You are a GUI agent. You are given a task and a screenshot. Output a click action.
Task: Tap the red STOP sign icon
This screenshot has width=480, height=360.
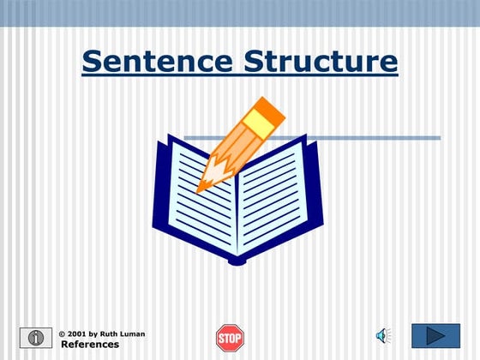pyautogui.click(x=230, y=337)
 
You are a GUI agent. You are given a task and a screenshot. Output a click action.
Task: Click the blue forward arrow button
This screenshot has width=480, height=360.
pyautogui.click(x=435, y=336)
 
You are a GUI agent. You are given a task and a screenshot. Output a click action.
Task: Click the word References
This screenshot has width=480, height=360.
pyautogui.click(x=90, y=345)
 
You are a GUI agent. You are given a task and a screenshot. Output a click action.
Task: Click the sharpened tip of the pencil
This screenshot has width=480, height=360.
pyautogui.click(x=201, y=187)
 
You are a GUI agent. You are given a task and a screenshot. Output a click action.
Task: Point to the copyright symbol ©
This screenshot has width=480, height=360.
pyautogui.click(x=62, y=333)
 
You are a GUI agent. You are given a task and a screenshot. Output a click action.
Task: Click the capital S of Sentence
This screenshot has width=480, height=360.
pyautogui.click(x=93, y=61)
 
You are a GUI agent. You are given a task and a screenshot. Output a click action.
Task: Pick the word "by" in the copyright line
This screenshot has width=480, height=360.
pyautogui.click(x=91, y=333)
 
